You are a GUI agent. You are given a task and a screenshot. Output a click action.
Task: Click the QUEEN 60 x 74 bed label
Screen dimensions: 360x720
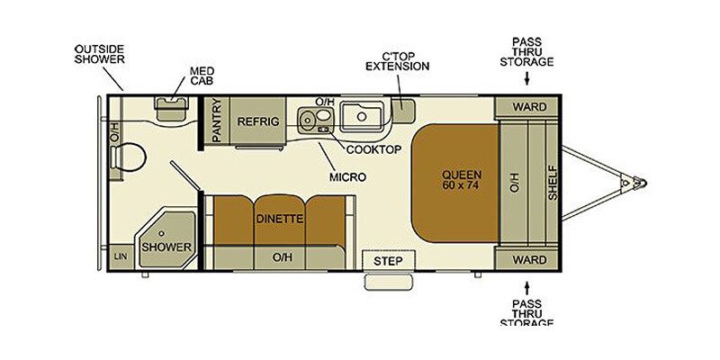pyautogui.click(x=462, y=180)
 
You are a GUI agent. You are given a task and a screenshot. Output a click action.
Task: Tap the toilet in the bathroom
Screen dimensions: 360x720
pyautogui.click(x=131, y=158)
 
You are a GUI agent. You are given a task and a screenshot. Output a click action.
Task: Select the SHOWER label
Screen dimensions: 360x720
pyautogui.click(x=166, y=247)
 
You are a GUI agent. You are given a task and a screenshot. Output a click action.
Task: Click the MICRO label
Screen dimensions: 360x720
pyautogui.click(x=347, y=177)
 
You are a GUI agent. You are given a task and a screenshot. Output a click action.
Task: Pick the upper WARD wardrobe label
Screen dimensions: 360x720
pyautogui.click(x=529, y=107)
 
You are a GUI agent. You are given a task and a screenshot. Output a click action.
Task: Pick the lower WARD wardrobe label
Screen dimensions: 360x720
pyautogui.click(x=529, y=261)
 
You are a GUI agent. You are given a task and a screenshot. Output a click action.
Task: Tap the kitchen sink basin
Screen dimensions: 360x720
pyautogui.click(x=363, y=115)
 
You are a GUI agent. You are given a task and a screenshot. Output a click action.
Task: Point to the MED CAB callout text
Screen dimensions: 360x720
pyautogui.click(x=202, y=75)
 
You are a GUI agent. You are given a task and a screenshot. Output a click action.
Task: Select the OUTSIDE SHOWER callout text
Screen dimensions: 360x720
pyautogui.click(x=99, y=53)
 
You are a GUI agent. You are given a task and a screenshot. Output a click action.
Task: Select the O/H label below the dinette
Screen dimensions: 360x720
pyautogui.click(x=283, y=257)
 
